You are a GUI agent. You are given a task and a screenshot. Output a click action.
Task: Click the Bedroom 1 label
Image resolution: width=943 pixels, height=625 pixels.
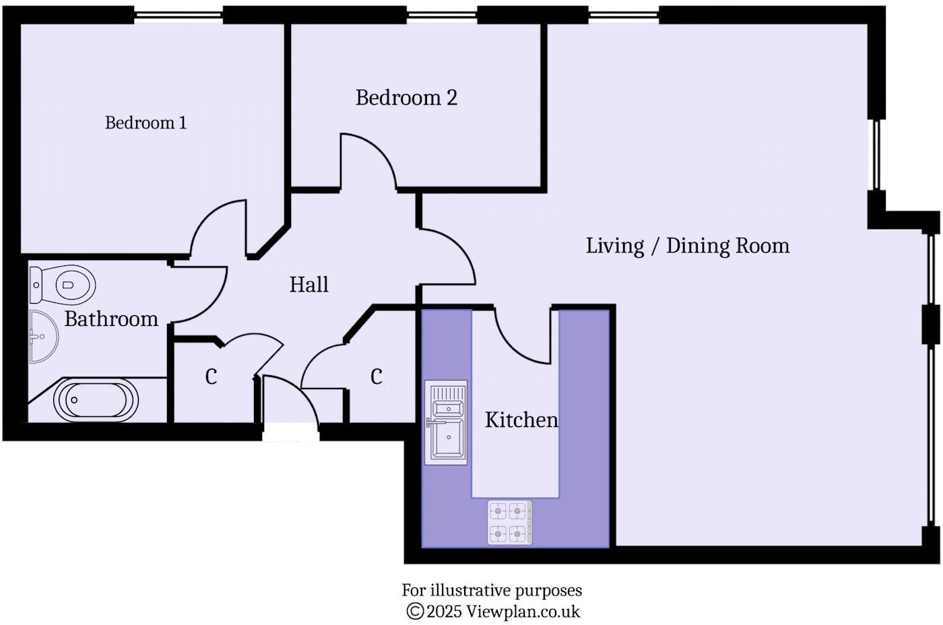coord(145,123)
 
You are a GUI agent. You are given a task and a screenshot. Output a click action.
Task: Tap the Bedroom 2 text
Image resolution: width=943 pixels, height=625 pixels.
coord(406,98)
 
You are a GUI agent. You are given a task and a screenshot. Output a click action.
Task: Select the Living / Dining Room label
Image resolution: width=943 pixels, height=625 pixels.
coord(687,246)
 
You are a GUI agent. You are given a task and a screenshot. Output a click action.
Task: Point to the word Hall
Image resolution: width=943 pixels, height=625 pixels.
coord(309,285)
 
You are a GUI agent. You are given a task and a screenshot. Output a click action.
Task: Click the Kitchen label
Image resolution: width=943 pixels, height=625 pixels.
coord(521,420)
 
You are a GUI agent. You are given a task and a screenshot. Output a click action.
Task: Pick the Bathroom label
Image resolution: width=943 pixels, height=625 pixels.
coord(111,319)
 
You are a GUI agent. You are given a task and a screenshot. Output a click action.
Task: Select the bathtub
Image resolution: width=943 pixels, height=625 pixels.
coord(96,400)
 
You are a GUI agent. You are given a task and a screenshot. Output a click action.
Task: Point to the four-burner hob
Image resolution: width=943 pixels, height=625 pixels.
coord(509,522)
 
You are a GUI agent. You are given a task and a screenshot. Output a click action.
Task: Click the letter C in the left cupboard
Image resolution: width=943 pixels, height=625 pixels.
coord(211,377)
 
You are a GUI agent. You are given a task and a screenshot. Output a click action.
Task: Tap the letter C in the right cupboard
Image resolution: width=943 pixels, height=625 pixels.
coord(376,376)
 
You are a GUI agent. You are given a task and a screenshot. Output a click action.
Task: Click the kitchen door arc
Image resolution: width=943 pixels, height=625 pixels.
coord(522,337)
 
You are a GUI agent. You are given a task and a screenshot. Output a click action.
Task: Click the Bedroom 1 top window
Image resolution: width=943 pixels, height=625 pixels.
coord(178,14)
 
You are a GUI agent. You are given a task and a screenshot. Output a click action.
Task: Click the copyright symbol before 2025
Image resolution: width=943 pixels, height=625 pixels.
coord(414,612)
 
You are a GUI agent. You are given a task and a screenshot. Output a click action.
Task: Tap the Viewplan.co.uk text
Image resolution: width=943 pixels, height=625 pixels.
coord(523,612)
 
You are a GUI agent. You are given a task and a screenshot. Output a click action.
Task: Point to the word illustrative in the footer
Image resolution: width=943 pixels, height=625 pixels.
coord(471,591)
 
